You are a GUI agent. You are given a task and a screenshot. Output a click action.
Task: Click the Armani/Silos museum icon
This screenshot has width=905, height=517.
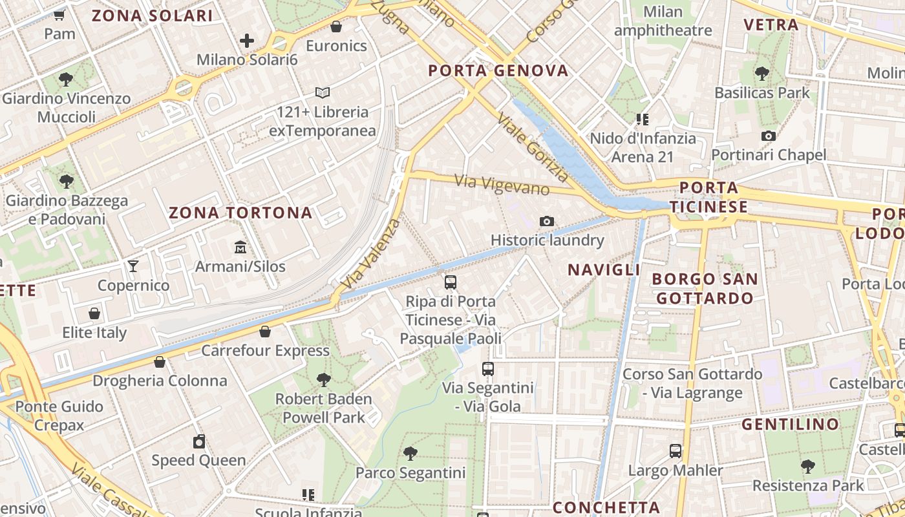240,247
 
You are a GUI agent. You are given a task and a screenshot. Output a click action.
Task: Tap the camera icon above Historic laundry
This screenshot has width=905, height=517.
547,221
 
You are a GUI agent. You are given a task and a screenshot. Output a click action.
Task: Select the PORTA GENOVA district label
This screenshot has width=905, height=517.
498,70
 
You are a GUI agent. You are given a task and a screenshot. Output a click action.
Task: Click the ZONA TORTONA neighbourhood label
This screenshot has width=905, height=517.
240,213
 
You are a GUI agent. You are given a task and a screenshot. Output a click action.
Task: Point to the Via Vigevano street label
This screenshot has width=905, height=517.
502,185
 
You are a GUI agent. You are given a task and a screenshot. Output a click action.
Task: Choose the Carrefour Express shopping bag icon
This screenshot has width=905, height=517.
265,332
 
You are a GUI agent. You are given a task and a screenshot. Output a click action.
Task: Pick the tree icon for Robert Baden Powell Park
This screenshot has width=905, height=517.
324,379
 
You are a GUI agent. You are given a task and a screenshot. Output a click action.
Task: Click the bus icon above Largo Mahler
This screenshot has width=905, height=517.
676,450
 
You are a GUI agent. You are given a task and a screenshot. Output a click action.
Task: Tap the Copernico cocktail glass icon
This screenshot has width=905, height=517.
133,266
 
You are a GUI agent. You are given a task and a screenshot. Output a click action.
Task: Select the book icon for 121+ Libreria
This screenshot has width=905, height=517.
322,93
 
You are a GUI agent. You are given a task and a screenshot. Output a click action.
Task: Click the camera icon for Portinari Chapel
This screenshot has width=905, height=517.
769,136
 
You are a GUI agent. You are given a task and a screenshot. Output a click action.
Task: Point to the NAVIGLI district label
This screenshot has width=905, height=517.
604,269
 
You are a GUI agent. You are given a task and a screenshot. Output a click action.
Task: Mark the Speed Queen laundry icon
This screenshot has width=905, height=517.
199,441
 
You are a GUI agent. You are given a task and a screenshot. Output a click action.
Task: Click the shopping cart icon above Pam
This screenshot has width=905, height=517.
60,14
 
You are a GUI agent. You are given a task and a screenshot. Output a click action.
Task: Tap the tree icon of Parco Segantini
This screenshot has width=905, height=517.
410,453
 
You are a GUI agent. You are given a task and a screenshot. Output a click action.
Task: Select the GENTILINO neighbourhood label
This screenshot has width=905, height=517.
790,425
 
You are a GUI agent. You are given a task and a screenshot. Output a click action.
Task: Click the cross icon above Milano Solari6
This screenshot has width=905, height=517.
247,41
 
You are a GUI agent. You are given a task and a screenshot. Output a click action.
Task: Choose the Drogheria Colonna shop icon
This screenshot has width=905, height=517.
160,362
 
